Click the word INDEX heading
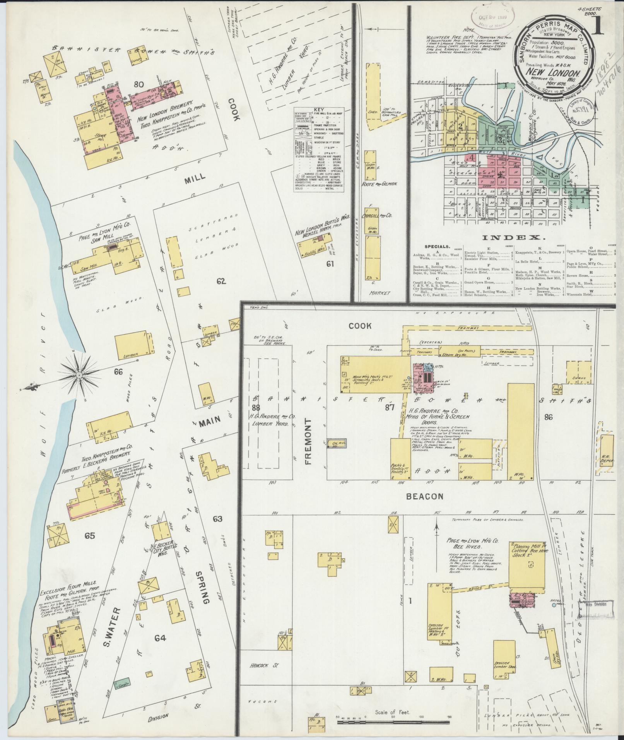[x=513, y=237]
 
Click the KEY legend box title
[x=319, y=109]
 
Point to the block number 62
[x=221, y=281]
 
